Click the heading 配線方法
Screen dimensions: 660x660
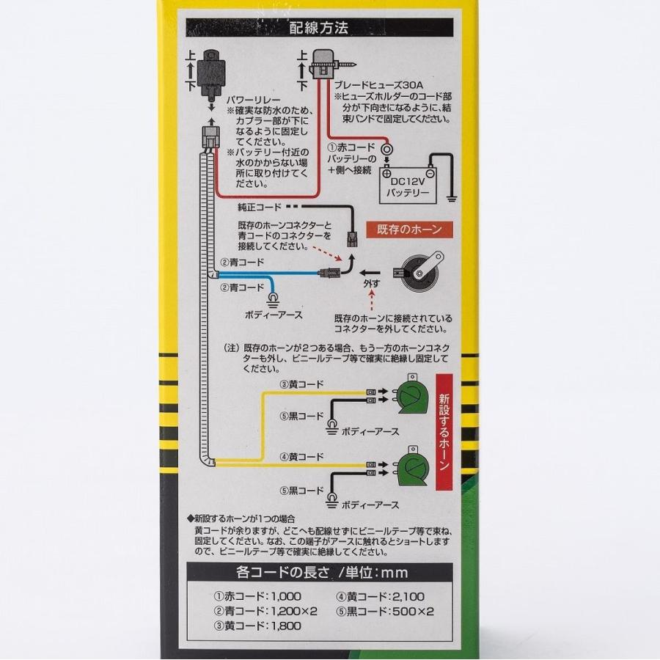pyautogui.click(x=318, y=29)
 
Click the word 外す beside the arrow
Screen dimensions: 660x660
pyautogui.click(x=372, y=282)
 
